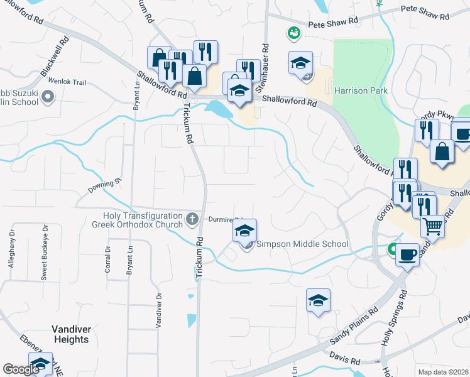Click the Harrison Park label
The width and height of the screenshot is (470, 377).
click(x=361, y=90)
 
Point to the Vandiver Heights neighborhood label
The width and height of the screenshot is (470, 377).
click(x=71, y=334)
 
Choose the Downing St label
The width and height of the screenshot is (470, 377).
click(x=104, y=185)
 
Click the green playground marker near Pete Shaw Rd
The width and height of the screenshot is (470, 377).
click(x=293, y=32)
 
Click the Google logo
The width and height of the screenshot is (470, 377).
click(x=21, y=369)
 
